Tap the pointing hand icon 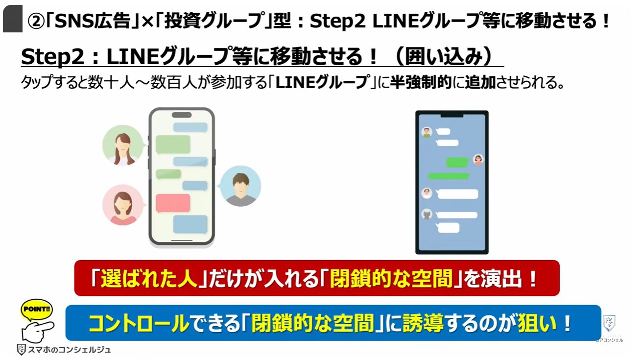[38, 332]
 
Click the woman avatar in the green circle [123, 145]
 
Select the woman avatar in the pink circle [123, 205]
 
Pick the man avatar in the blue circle [240, 186]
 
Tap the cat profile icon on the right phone [427, 215]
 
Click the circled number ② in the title [36, 22]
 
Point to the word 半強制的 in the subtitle [420, 82]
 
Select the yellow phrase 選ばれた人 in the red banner [149, 278]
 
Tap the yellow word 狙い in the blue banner [537, 324]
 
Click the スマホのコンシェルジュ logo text [69, 350]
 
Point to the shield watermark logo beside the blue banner [609, 324]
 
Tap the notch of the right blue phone [452, 115]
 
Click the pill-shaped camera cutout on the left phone [181, 115]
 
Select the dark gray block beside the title [13, 19]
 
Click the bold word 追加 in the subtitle [480, 82]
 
